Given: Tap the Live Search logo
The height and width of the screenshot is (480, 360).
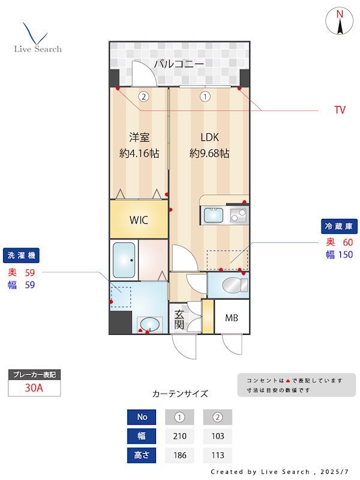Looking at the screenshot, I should (37, 38).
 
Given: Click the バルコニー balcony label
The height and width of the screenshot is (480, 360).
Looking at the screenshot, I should (179, 64).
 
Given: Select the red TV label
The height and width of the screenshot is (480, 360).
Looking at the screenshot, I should (340, 110).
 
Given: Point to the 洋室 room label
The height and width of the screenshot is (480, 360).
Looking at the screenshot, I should (139, 137).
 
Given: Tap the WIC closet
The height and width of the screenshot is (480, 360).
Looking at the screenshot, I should (139, 219).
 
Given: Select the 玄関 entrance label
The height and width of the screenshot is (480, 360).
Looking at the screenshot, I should (179, 319).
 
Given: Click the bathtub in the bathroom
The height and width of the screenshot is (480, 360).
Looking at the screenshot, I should (124, 260).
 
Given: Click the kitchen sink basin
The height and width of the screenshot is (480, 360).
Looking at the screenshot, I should (212, 215).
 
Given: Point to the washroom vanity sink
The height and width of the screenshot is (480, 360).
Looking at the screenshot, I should (149, 325).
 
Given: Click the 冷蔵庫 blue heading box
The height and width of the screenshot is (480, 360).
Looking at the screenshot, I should (340, 226).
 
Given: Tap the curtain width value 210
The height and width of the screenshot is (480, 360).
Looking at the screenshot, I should (179, 436).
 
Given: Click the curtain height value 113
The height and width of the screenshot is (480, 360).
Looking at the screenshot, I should (217, 455).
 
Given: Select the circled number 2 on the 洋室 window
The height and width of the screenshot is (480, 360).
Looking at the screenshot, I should (143, 96).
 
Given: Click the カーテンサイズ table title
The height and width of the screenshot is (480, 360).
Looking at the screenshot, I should (180, 394).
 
